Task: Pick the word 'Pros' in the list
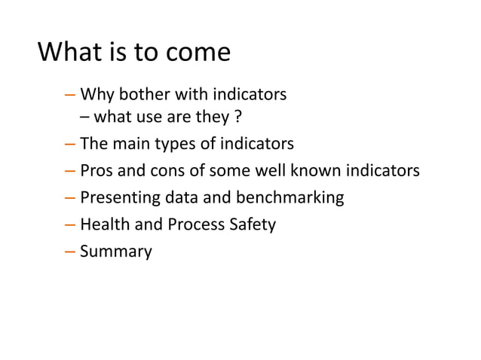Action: click(96, 171)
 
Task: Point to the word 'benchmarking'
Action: click(291, 198)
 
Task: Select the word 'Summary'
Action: click(115, 252)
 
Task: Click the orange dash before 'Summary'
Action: click(70, 252)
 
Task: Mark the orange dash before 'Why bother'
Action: click(70, 96)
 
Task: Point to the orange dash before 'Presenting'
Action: click(70, 198)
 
